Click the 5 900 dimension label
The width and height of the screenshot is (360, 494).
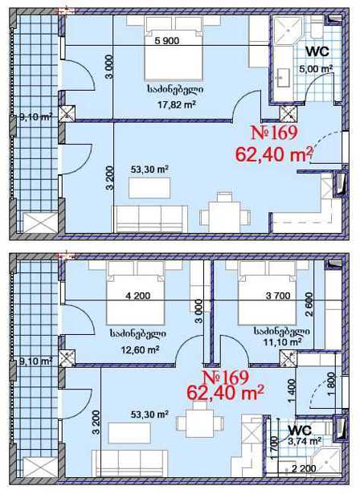click(167, 41)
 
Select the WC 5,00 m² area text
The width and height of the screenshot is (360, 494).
click(316, 68)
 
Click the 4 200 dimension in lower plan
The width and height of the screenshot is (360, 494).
click(137, 296)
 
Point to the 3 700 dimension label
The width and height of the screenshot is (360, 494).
click(278, 296)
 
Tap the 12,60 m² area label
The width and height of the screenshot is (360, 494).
click(140, 349)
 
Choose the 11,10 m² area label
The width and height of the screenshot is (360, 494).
click(282, 341)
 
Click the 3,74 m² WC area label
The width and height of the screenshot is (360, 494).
click(305, 441)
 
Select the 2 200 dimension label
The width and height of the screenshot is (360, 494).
click(304, 468)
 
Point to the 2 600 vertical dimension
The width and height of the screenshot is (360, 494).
click(309, 304)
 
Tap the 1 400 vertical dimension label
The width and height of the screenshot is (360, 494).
click(292, 391)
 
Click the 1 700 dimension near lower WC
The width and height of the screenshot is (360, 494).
click(274, 448)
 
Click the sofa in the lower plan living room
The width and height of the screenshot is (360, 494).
click(129, 463)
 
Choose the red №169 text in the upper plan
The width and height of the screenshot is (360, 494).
click(274, 133)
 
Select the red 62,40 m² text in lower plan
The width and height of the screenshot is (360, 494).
click(225, 392)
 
